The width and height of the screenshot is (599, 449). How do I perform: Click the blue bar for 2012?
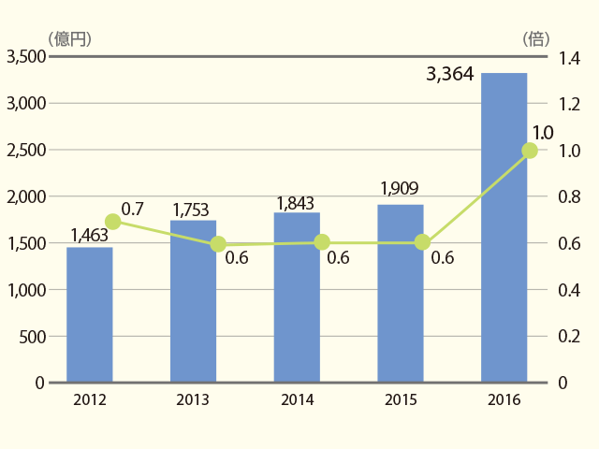click(x=90, y=314)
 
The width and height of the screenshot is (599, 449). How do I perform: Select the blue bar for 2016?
click(x=504, y=227)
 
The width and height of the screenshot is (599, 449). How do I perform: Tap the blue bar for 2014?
click(x=297, y=297)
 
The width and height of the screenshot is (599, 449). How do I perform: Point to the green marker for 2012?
click(x=112, y=222)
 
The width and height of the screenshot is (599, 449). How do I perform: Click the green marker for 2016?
click(x=530, y=151)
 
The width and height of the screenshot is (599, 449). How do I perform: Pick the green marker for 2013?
click(x=218, y=244)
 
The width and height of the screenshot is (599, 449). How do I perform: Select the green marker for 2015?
click(x=422, y=242)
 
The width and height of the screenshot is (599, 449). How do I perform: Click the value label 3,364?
click(x=450, y=74)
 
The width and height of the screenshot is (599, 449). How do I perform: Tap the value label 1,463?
click(x=90, y=235)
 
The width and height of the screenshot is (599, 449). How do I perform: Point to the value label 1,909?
click(x=400, y=188)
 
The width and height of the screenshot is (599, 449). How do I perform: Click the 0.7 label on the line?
click(x=133, y=210)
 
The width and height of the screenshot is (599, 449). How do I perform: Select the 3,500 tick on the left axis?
click(x=26, y=57)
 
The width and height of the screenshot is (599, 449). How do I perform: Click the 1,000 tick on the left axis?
click(x=27, y=290)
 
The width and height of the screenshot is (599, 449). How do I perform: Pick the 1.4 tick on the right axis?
click(x=569, y=58)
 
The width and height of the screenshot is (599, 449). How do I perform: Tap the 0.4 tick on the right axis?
click(x=569, y=291)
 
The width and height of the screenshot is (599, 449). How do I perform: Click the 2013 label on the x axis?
click(x=193, y=399)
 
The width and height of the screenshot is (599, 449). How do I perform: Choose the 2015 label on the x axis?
click(x=401, y=399)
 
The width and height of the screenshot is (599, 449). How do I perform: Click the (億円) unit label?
click(x=69, y=39)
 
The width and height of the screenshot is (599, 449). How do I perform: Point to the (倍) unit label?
click(x=536, y=39)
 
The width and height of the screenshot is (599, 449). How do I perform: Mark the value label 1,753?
click(x=191, y=210)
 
